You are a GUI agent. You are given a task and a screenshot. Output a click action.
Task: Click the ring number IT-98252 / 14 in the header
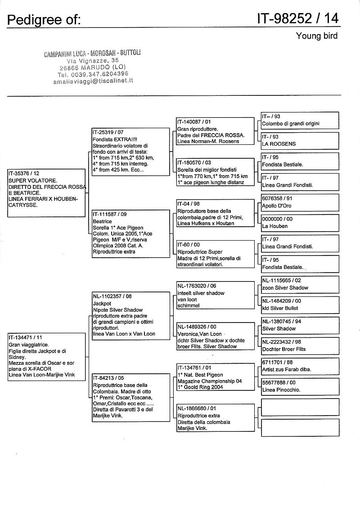pos(298,18)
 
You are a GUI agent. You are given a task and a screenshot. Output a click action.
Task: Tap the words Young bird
pos(316,36)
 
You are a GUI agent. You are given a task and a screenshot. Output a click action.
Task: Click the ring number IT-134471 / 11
pos(26,337)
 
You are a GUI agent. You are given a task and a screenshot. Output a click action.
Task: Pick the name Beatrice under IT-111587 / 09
pos(102,222)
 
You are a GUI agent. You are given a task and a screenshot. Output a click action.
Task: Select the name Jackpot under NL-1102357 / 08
pos(102,304)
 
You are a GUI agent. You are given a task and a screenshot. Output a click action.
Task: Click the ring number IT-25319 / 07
pos(108,133)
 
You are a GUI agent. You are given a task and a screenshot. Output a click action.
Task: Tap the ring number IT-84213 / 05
pos(108,378)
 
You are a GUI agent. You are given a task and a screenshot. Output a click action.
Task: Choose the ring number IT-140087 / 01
pos(194,122)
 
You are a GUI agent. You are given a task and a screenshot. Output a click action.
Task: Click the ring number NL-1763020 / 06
pos(197,286)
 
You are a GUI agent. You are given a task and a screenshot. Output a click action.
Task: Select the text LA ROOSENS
pos(279,144)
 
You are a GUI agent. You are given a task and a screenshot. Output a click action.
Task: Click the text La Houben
pos(274,226)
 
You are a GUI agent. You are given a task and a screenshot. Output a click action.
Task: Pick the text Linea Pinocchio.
pos(281,390)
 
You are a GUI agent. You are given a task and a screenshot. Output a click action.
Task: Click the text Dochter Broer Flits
pos(283,349)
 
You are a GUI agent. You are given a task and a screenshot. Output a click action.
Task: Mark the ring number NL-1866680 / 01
pos(197,408)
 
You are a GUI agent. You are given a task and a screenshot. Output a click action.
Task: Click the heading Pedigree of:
pos(44,20)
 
